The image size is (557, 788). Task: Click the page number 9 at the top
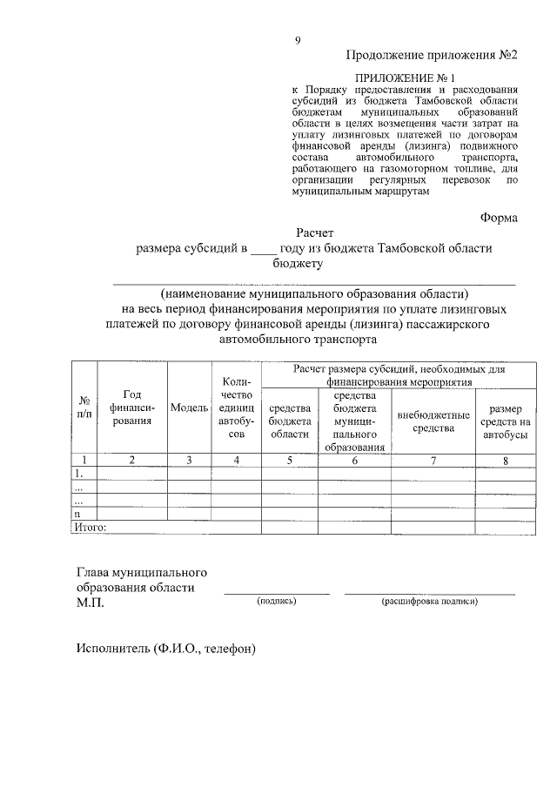point(298,41)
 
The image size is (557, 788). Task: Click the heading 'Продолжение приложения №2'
point(432,55)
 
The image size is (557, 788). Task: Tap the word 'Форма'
point(499,219)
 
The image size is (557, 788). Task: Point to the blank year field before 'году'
point(262,249)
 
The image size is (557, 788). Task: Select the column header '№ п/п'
point(85,407)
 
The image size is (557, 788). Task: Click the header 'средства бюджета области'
point(290,421)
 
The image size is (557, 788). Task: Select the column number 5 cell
point(290,460)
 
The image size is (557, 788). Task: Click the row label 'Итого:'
point(89,527)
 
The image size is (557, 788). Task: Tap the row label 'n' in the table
point(78,514)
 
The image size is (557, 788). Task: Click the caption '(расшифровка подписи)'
point(429,602)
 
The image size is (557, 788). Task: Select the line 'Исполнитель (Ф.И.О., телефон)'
point(167,649)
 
